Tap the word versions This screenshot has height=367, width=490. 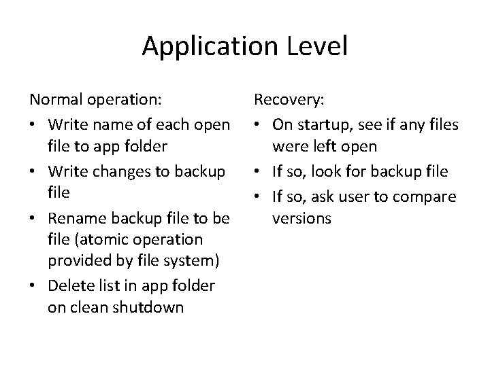301,219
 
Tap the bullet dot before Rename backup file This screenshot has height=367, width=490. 34,219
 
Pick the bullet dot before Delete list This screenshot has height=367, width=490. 34,285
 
